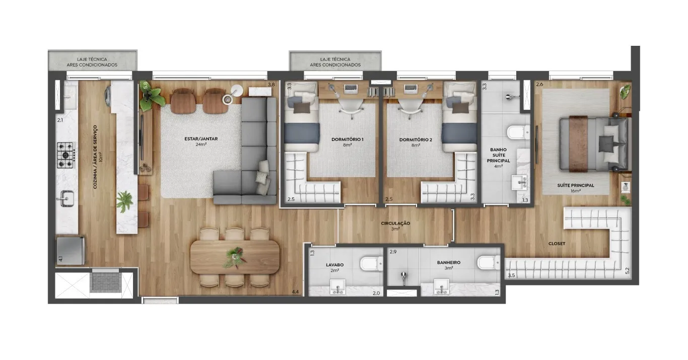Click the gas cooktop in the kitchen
tap(66, 155)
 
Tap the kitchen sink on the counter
tap(66, 199)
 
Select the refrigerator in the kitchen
tap(71, 250)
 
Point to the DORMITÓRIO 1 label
tap(348, 139)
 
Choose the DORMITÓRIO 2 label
tap(416, 140)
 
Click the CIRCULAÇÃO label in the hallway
tap(395, 224)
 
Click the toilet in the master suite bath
tap(518, 132)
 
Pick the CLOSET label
tap(557, 244)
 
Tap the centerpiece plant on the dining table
tap(235, 257)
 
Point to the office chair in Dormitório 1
tap(350, 108)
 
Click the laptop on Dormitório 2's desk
tap(409, 89)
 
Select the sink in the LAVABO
tap(337, 287)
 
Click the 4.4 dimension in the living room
tap(295, 292)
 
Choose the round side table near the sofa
tap(237, 91)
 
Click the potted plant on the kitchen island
tap(124, 202)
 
